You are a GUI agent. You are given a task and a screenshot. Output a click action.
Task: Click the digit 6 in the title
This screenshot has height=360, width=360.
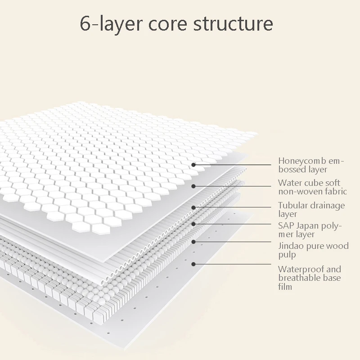pyautogui.click(x=85, y=24)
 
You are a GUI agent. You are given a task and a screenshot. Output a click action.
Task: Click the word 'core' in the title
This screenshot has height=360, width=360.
pyautogui.click(x=168, y=25)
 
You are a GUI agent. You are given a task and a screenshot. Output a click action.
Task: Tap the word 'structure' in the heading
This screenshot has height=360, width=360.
pyautogui.click(x=233, y=24)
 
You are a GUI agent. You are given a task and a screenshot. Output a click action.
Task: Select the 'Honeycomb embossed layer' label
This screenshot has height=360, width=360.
pyautogui.click(x=311, y=165)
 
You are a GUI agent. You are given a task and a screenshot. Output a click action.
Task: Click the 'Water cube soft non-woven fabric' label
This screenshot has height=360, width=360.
pyautogui.click(x=312, y=187)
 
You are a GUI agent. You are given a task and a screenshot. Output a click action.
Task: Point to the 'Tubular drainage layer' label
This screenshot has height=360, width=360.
pyautogui.click(x=311, y=209)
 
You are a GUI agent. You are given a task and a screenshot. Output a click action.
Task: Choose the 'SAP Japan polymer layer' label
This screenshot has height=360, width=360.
pyautogui.click(x=310, y=230)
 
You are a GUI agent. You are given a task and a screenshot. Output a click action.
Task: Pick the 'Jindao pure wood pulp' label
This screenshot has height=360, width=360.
pyautogui.click(x=313, y=250)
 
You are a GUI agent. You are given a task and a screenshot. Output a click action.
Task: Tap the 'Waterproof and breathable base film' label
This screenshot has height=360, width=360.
pyautogui.click(x=310, y=278)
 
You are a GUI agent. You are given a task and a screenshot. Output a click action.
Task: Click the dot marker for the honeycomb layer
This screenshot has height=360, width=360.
pyautogui.click(x=193, y=165)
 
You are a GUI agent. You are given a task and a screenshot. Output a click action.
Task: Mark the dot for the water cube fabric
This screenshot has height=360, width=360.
pyautogui.click(x=193, y=186)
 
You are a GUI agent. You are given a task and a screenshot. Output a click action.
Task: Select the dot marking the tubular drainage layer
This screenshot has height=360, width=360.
pyautogui.click(x=193, y=207)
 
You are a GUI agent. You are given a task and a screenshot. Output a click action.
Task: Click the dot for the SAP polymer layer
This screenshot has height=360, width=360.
pyautogui.click(x=193, y=224)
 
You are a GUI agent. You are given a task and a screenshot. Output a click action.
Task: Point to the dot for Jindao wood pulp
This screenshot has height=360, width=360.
pyautogui.click(x=193, y=242)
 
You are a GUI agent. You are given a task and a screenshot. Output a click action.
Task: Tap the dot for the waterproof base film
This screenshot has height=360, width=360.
pyautogui.click(x=193, y=264)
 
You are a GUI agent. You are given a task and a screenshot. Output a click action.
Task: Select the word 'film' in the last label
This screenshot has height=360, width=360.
pyautogui.click(x=285, y=287)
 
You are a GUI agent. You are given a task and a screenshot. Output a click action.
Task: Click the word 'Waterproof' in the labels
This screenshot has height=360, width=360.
pyautogui.click(x=298, y=269)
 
